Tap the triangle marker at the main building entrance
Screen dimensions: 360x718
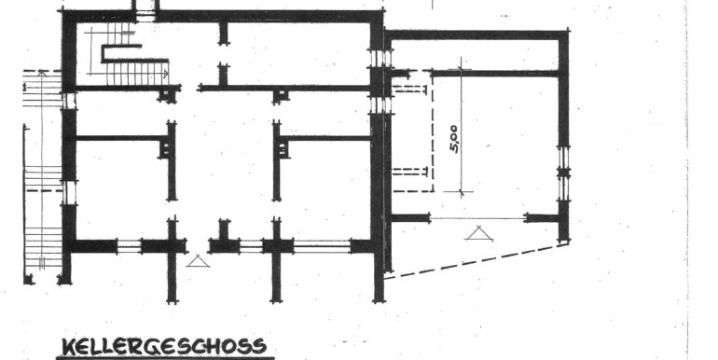[197, 262]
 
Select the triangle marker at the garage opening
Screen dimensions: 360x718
[478, 232]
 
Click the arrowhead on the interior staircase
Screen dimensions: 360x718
[165, 72]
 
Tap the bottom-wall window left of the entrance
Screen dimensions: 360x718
[130, 246]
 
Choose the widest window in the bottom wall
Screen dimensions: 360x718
[321, 246]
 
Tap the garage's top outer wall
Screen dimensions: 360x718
[476, 35]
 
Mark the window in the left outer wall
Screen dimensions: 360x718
[69, 192]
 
